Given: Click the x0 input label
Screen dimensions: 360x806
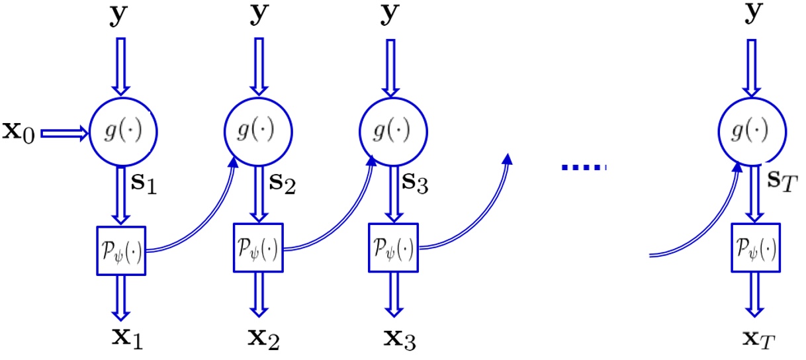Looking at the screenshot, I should click(x=19, y=132).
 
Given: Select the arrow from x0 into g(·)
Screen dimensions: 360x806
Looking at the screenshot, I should click(x=64, y=133).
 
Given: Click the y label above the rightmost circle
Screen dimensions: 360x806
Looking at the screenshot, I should click(x=751, y=15).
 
